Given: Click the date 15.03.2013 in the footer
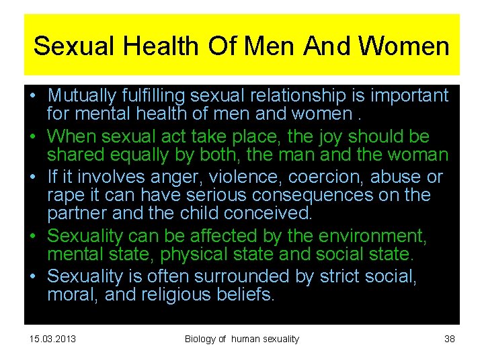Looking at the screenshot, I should tap(53, 339).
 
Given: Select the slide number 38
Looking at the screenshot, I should tap(450, 339).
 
